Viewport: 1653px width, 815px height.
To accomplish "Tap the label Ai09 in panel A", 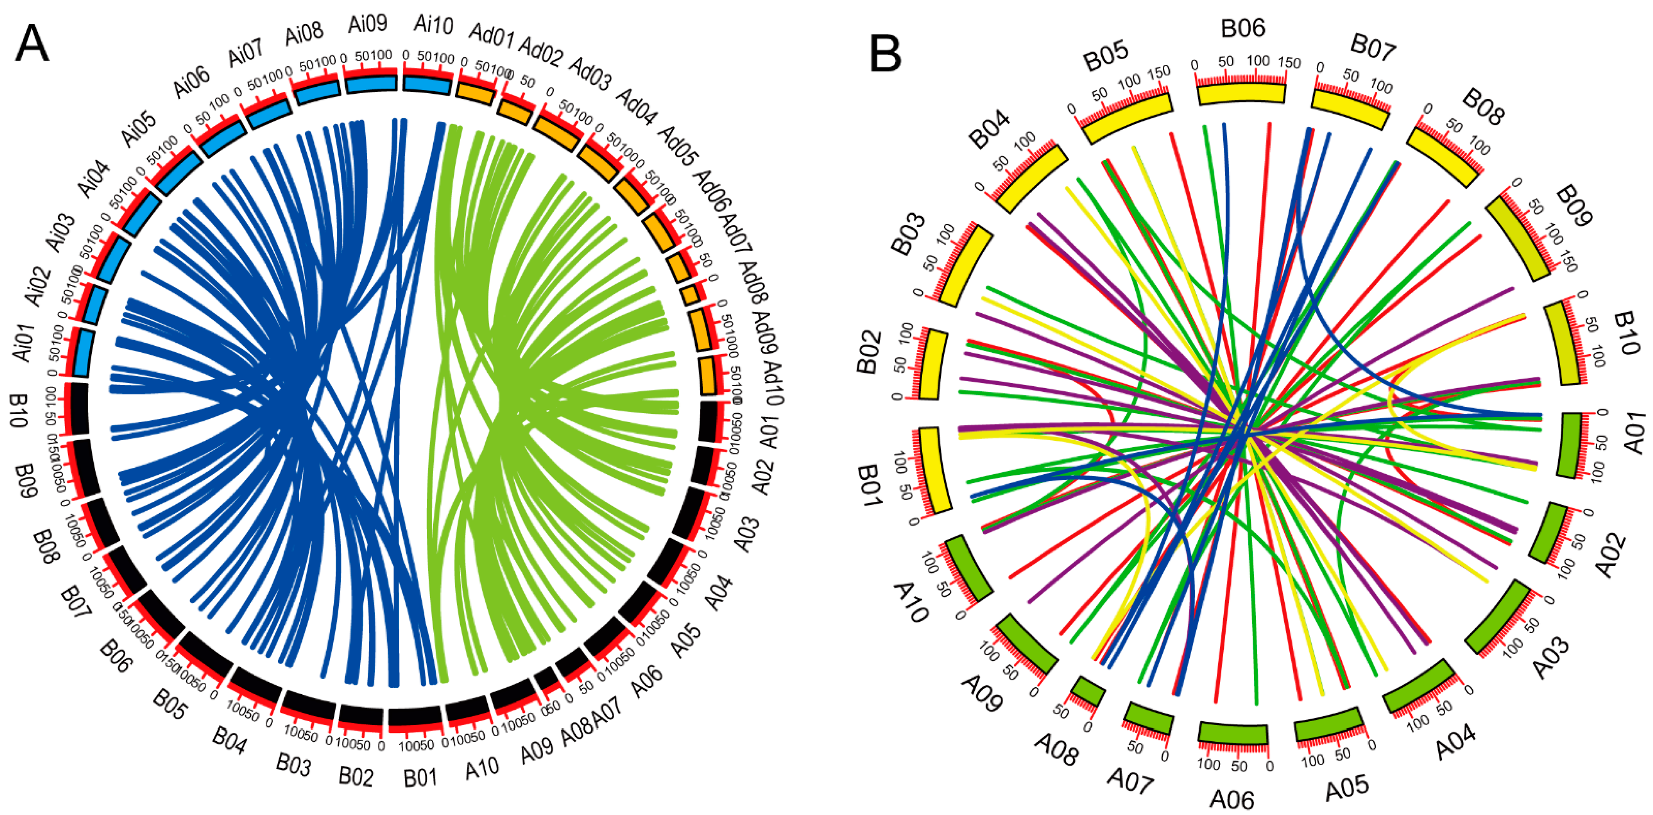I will point(368,24).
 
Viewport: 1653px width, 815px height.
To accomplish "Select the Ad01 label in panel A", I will point(492,35).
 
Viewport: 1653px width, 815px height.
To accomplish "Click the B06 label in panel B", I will point(1242,29).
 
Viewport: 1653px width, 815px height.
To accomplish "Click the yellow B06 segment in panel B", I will point(1242,94).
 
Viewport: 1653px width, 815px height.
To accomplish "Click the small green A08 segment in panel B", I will point(1088,691).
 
